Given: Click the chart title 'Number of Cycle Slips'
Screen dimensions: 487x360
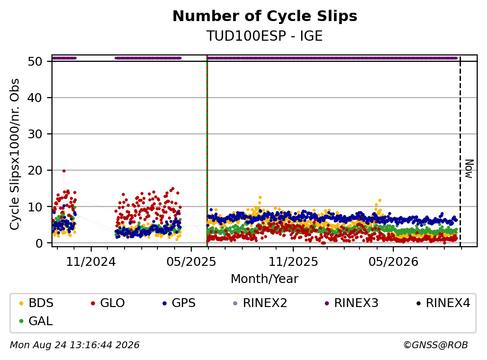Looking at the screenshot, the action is pyautogui.click(x=265, y=16).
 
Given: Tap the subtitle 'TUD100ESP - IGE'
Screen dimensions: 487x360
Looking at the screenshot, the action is pyautogui.click(x=265, y=36).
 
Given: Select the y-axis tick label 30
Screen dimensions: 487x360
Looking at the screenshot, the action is pyautogui.click(x=35, y=134).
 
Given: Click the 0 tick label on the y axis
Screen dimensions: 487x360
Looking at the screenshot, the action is pyautogui.click(x=39, y=243).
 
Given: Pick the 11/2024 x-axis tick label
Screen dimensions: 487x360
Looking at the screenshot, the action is pyautogui.click(x=91, y=262).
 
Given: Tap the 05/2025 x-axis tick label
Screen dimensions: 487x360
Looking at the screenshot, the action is pyautogui.click(x=191, y=262).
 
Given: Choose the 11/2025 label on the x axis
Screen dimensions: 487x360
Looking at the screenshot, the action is pyautogui.click(x=293, y=262).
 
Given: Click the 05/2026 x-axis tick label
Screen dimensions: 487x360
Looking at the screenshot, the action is pyautogui.click(x=393, y=262).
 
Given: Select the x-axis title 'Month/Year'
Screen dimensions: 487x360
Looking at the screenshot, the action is pyautogui.click(x=264, y=279).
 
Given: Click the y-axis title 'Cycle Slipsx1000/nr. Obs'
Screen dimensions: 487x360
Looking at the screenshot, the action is pyautogui.click(x=15, y=154).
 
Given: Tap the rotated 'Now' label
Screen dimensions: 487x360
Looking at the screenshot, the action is pyautogui.click(x=469, y=169).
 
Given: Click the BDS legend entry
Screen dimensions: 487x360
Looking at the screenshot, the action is pyautogui.click(x=37, y=303).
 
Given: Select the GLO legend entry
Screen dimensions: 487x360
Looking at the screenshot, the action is pyautogui.click(x=108, y=303).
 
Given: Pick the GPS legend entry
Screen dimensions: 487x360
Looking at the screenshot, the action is pyautogui.click(x=179, y=303).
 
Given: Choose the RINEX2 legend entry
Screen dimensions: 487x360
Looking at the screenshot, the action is pyautogui.click(x=260, y=303).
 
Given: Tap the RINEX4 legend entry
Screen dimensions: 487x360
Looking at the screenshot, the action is pyautogui.click(x=443, y=303).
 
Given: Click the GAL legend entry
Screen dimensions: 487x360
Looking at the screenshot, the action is pyautogui.click(x=36, y=321).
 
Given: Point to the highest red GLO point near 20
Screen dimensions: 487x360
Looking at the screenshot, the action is pyautogui.click(x=64, y=171).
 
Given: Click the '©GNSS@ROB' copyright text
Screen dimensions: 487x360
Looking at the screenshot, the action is pyautogui.click(x=436, y=345).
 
